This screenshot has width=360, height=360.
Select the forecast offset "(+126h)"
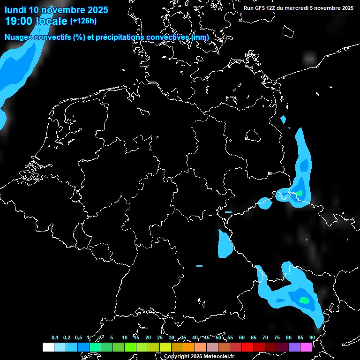point(83,21)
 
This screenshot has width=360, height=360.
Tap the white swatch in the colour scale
point(48,347)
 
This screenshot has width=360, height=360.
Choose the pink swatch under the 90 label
point(306,347)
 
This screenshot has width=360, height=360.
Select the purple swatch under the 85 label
point(294,347)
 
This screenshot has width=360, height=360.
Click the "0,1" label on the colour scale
point(55,337)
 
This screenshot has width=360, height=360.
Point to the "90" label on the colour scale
point(312,337)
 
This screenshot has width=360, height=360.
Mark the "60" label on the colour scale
point(241,337)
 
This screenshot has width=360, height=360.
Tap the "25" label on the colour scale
point(159,337)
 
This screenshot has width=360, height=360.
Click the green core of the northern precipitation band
point(299,193)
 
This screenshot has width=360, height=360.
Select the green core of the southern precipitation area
point(304,300)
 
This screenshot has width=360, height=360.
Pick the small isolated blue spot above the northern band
point(283,120)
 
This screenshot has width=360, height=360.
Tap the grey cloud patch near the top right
point(309,59)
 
